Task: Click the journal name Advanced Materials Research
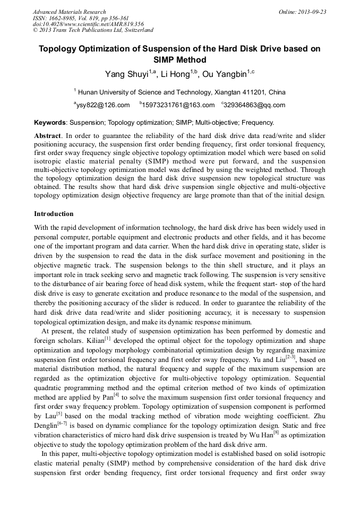pos(69,12)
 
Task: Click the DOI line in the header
pos(88,24)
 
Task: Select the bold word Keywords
pos(50,122)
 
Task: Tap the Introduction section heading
pos(54,214)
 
